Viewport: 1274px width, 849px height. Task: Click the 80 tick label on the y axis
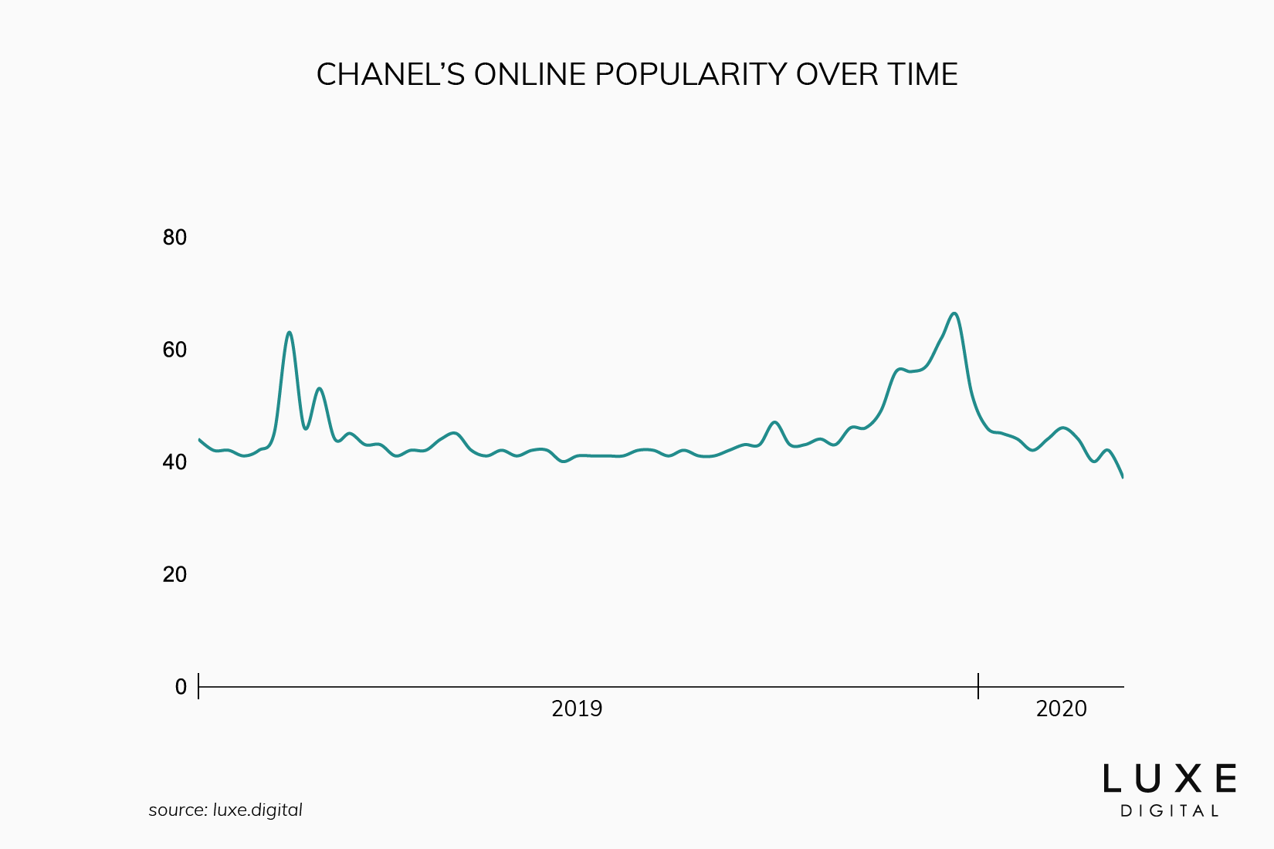tap(174, 238)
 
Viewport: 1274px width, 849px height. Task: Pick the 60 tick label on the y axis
tap(174, 350)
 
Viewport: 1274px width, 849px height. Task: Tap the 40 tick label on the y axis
tap(174, 462)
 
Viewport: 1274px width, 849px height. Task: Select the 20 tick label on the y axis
tap(174, 575)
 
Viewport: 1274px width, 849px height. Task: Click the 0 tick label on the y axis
tap(181, 687)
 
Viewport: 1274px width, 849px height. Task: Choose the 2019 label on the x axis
tap(577, 709)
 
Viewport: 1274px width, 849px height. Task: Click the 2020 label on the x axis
tap(1061, 709)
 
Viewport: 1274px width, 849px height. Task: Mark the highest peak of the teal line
tap(954, 313)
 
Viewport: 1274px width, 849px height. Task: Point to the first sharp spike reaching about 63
tap(289, 333)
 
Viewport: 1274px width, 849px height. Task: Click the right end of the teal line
tap(1122, 476)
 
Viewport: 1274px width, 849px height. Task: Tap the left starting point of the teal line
tap(200, 440)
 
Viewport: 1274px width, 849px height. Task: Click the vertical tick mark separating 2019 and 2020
tap(978, 686)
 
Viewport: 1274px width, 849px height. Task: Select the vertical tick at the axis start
tap(198, 686)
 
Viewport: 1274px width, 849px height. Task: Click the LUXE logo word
tap(1169, 779)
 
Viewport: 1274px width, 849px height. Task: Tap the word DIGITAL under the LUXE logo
tap(1169, 811)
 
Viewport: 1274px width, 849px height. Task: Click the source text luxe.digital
tap(257, 810)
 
